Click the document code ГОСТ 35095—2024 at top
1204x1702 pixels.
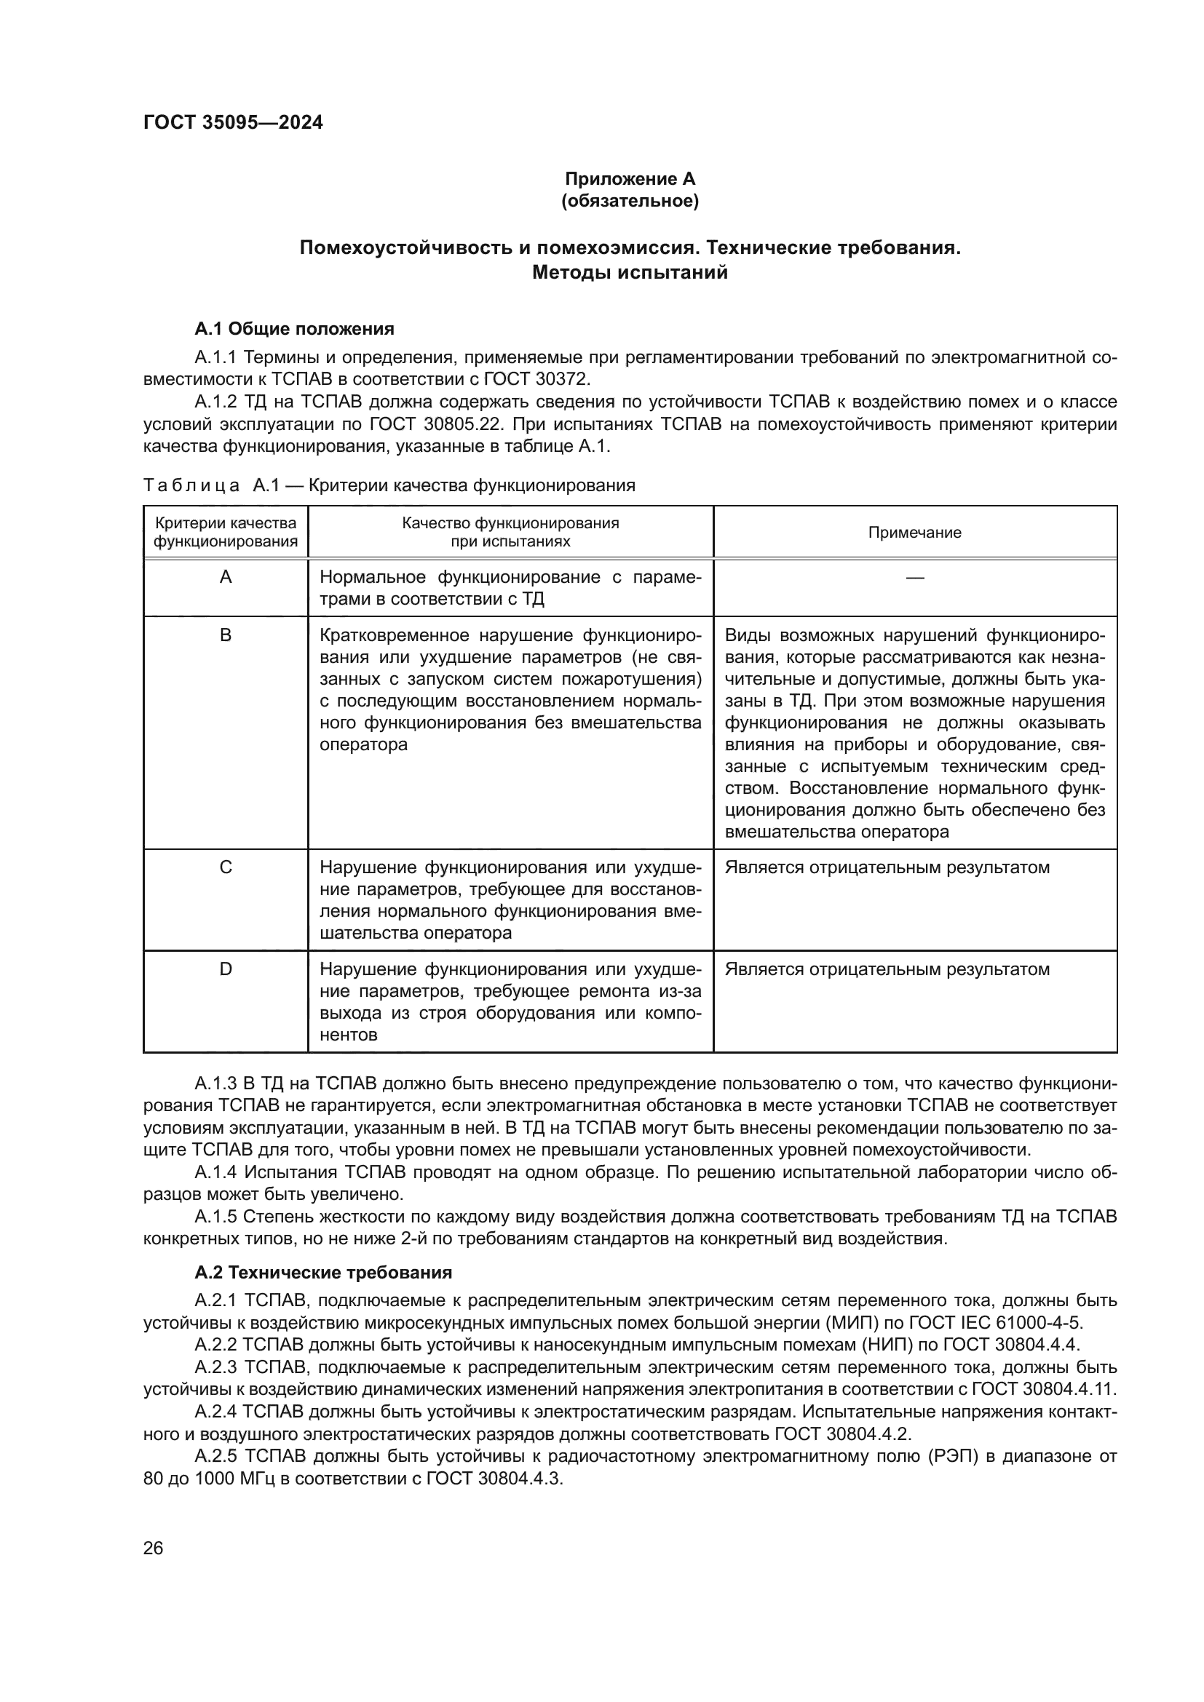(233, 123)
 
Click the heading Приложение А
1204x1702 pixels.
(630, 179)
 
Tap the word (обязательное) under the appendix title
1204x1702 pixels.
(630, 202)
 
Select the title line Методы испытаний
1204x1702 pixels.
(630, 273)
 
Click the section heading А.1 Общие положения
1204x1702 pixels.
(294, 328)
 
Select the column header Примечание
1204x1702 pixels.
(914, 532)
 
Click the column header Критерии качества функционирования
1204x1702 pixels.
(226, 532)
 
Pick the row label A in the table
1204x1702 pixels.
(226, 578)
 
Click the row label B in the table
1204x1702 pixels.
(226, 635)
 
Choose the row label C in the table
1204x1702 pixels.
(226, 867)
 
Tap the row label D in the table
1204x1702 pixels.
(226, 969)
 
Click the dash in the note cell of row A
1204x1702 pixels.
(914, 578)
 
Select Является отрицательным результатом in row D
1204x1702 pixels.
(887, 969)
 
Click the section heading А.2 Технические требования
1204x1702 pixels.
(323, 1273)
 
